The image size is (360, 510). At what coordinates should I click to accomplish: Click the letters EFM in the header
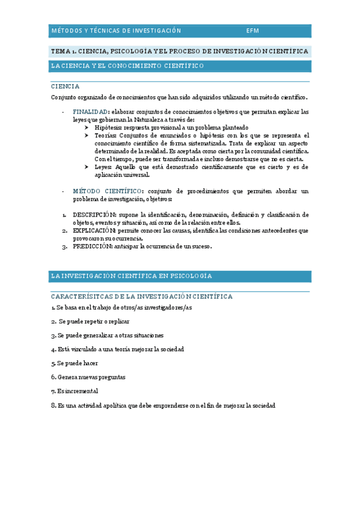(252, 31)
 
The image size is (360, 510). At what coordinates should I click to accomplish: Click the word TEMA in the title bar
(62, 51)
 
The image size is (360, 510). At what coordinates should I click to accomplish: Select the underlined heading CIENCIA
(65, 86)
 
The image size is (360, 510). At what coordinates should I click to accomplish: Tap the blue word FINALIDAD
(91, 112)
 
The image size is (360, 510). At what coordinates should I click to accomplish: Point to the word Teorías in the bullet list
(106, 135)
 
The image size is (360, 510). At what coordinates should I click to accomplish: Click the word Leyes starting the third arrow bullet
(105, 167)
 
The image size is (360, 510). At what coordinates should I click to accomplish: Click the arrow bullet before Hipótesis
(87, 127)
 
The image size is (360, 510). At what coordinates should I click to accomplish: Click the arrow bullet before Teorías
(87, 135)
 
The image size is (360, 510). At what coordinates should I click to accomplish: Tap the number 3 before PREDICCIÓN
(64, 246)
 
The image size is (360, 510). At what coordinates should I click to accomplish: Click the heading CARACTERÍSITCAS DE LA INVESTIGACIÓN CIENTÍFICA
(141, 296)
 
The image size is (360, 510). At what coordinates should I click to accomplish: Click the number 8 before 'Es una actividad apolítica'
(53, 405)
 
